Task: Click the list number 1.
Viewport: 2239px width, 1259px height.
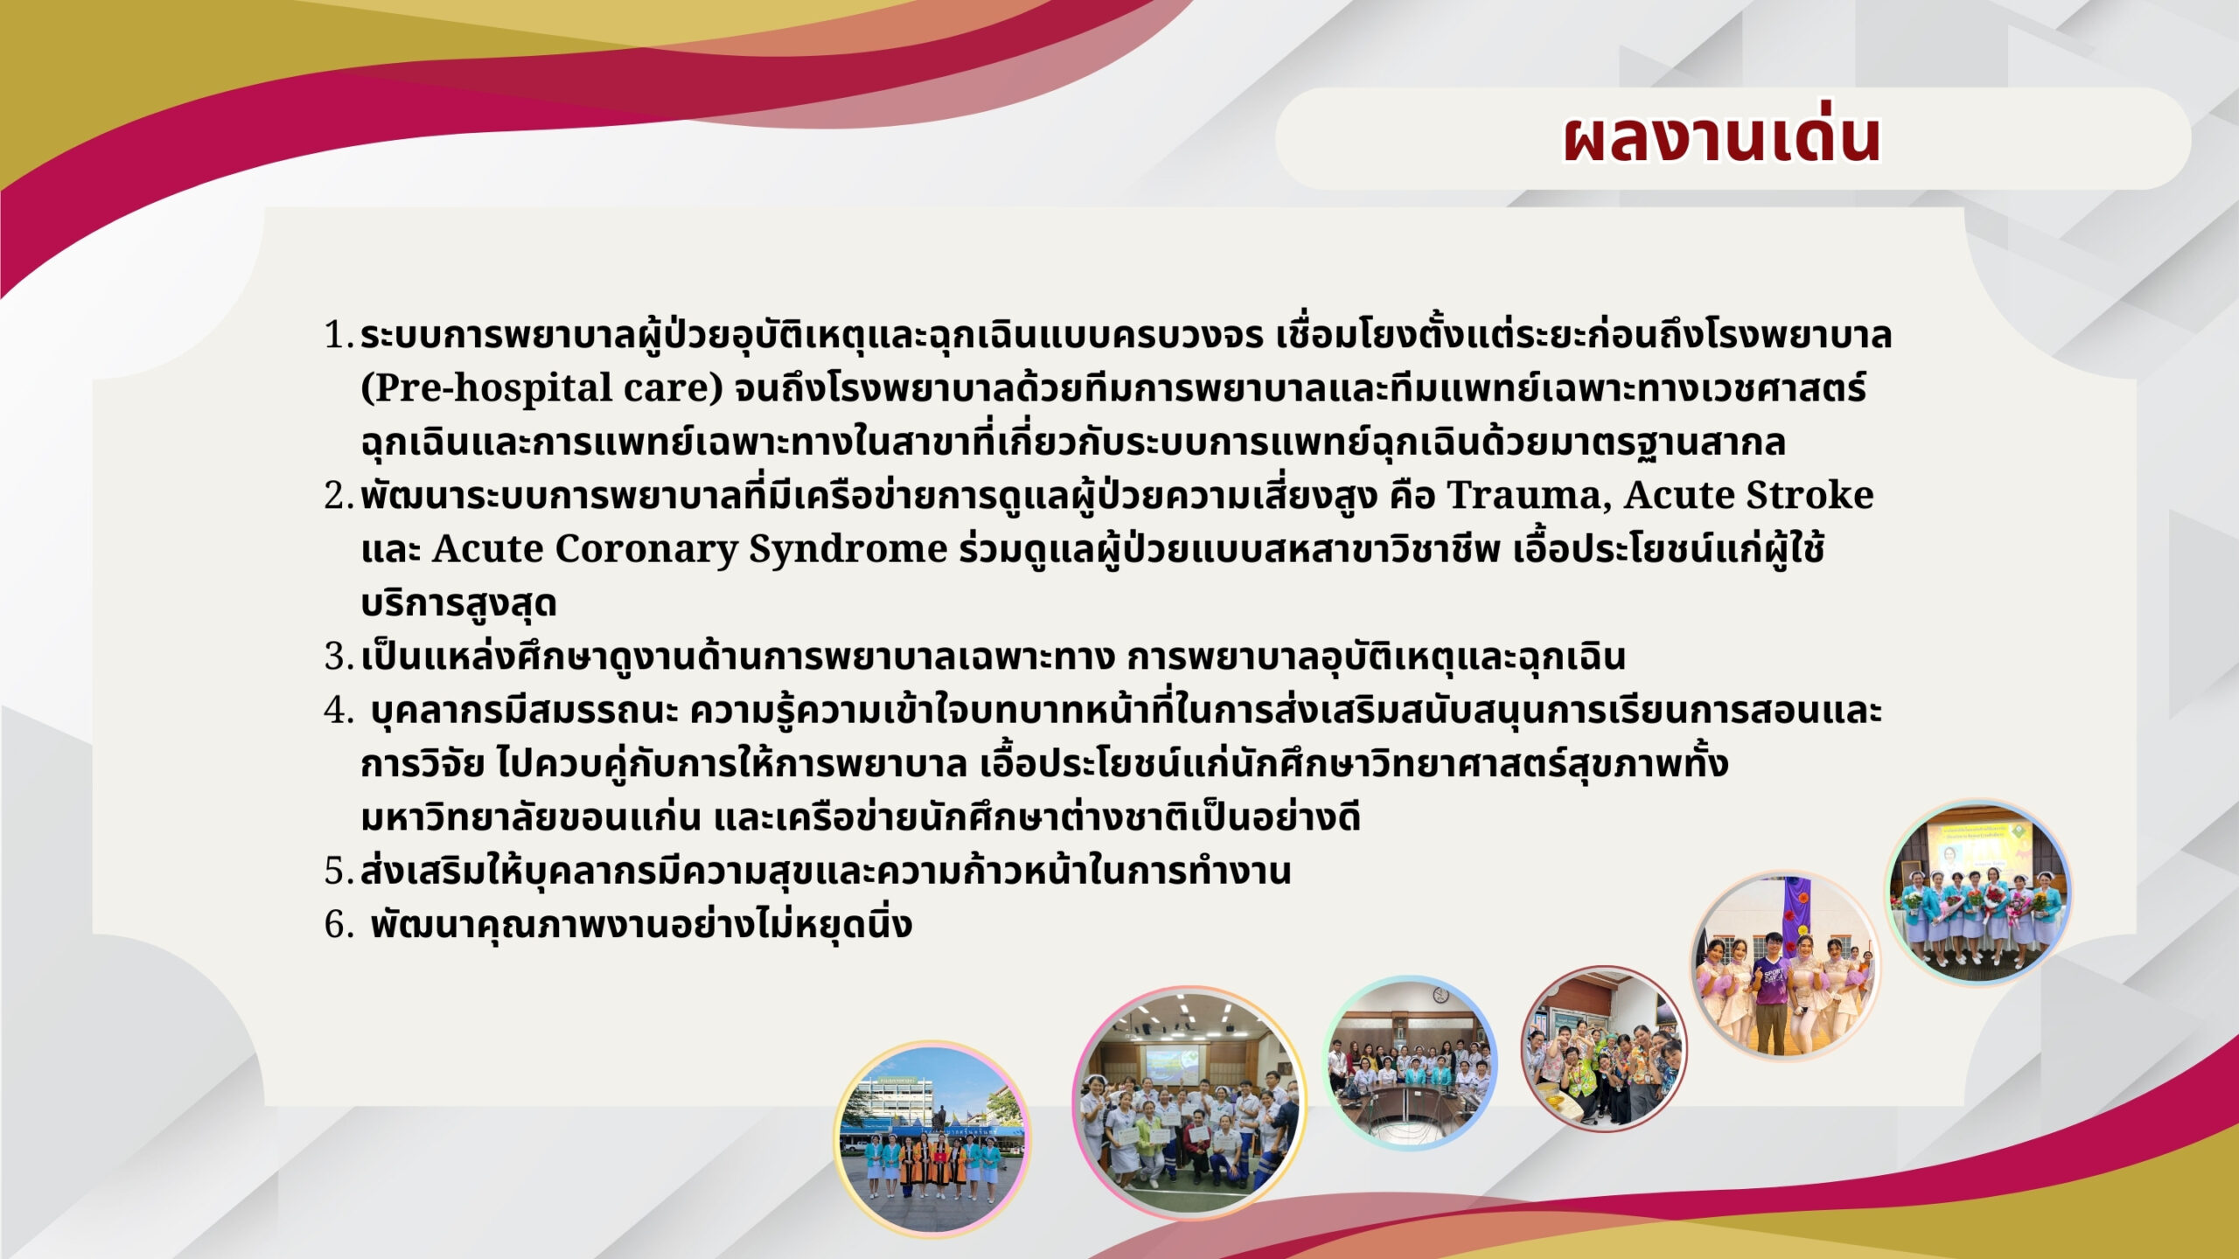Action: point(338,335)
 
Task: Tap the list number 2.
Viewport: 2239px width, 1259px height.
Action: point(338,496)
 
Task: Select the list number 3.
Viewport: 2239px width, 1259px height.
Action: point(338,657)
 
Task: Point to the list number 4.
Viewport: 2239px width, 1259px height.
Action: point(338,710)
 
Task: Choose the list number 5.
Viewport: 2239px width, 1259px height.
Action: point(338,871)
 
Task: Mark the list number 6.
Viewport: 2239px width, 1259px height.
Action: point(338,924)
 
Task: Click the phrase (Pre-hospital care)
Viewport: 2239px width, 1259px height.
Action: point(542,388)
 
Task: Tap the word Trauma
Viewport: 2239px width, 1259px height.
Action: point(1531,495)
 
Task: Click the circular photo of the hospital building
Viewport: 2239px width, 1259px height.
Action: point(932,1138)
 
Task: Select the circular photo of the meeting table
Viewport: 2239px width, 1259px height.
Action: point(1410,1062)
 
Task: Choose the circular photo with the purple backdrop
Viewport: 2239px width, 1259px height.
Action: point(1784,965)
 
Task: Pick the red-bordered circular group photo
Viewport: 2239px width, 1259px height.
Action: point(1604,1049)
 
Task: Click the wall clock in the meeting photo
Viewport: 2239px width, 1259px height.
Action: point(1439,994)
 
